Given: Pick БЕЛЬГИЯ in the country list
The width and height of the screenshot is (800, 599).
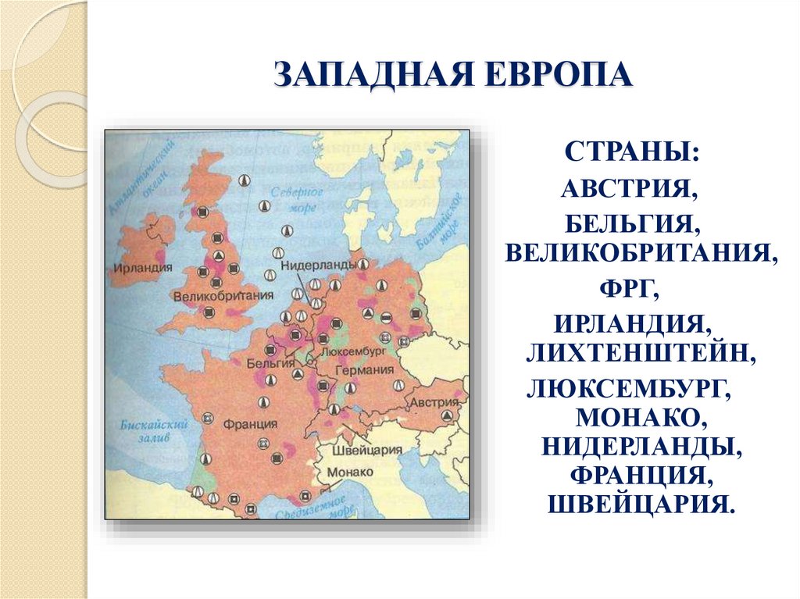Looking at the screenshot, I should [632, 226].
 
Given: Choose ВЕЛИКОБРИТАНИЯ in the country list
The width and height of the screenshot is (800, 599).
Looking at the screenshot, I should [641, 254].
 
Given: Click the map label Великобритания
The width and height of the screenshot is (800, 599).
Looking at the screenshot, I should [223, 296].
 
